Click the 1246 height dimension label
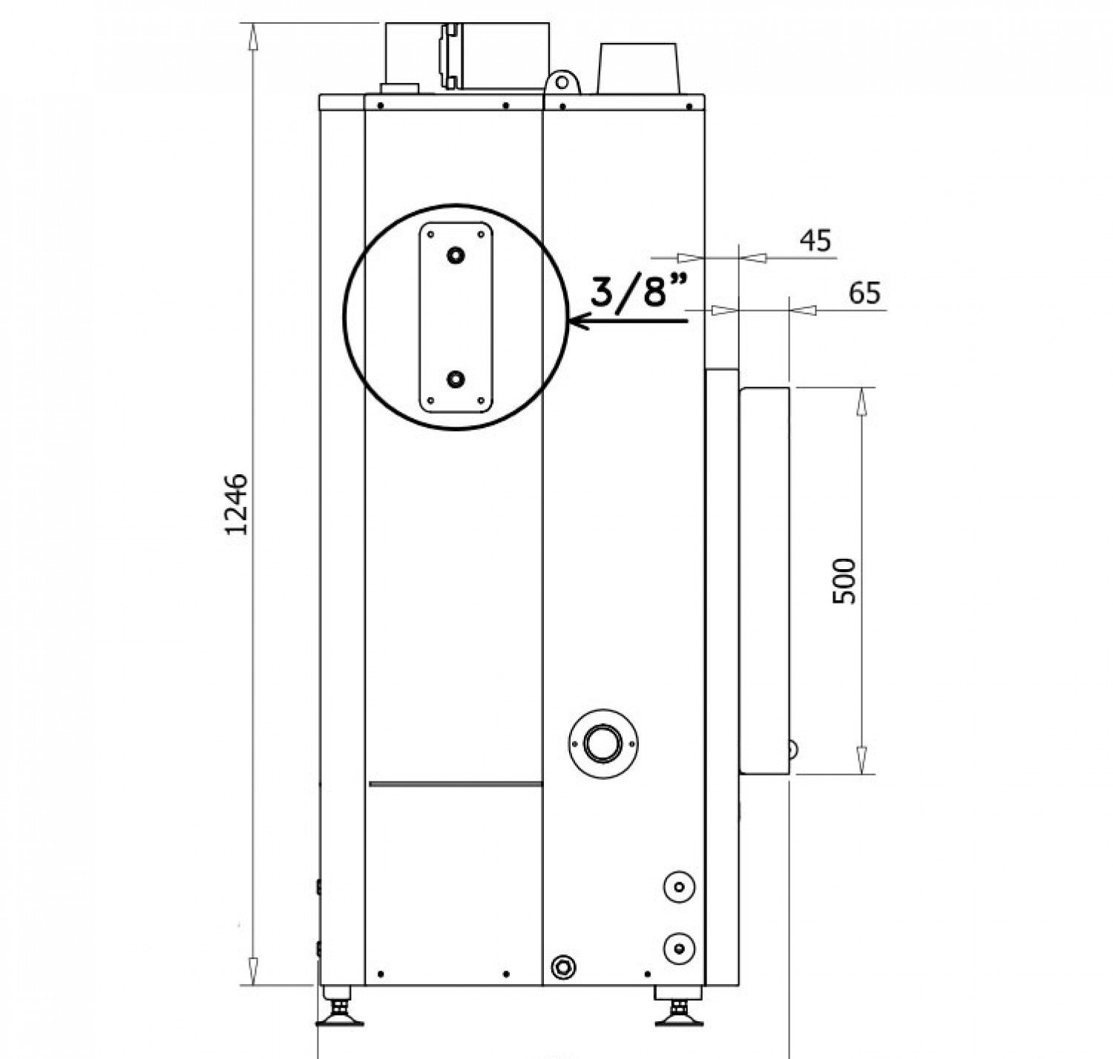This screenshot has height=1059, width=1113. (236, 504)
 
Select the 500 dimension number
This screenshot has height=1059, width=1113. (844, 582)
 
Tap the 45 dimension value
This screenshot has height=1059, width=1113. (815, 240)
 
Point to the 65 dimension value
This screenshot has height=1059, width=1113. (864, 293)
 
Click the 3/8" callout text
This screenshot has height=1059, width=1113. (639, 292)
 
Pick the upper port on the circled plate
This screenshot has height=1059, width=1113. (455, 255)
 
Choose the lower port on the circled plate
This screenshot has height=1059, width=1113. (455, 379)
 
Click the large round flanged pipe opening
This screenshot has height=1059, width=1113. (603, 743)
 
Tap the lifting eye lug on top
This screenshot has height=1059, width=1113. (562, 82)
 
